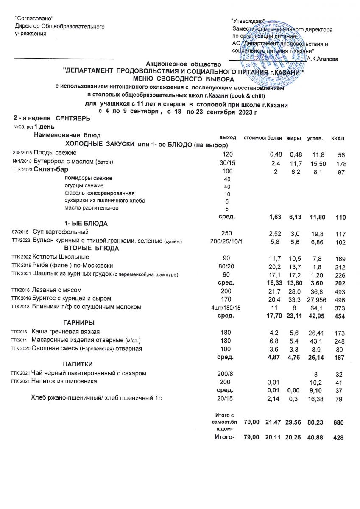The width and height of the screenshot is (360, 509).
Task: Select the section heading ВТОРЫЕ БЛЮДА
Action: [91, 248]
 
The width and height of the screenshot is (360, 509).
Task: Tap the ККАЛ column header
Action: [338, 139]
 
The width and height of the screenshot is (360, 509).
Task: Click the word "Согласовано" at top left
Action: [34, 18]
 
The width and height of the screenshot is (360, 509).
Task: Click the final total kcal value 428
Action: [338, 438]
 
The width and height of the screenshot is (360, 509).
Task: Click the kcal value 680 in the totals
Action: [338, 422]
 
